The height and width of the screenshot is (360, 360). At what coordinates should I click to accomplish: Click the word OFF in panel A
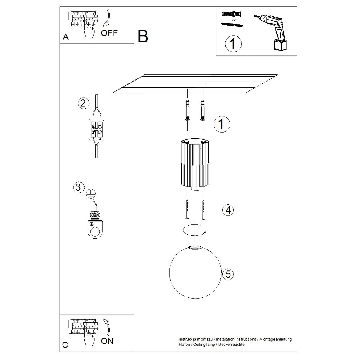click(109, 33)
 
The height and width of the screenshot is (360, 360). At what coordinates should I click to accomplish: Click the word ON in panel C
click(107, 341)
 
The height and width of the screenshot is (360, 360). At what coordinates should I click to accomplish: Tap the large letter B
click(143, 37)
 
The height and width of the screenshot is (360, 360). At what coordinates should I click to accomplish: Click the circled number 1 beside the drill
click(233, 44)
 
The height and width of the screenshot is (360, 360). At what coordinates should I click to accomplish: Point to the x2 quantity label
click(233, 20)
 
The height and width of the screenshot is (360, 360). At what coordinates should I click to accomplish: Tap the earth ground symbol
click(91, 194)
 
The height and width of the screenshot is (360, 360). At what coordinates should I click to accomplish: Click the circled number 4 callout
click(228, 210)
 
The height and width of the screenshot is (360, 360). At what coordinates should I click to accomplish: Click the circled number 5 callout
click(228, 274)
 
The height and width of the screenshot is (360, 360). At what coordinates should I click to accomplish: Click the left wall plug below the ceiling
click(187, 110)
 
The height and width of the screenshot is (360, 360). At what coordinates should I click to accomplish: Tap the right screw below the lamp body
click(203, 210)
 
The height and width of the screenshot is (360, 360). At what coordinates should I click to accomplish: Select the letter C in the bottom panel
click(65, 345)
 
